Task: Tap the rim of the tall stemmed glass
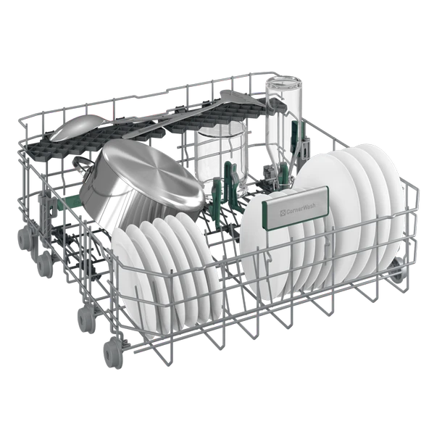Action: click(283, 87)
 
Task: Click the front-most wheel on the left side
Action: click(113, 353)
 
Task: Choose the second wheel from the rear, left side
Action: click(44, 262)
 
